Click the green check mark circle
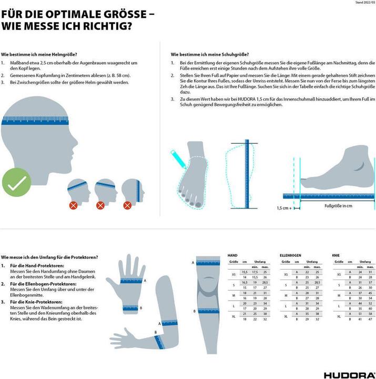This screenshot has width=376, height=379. (x=17, y=184)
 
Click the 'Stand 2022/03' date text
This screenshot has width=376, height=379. (x=363, y=3)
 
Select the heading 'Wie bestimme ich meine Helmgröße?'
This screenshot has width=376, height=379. (x=39, y=55)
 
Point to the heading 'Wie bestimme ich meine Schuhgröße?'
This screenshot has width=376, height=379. (x=210, y=55)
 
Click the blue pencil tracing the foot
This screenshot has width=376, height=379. (x=177, y=157)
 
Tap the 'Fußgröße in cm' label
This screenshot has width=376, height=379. (x=338, y=206)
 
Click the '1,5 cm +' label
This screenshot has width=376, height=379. (x=284, y=208)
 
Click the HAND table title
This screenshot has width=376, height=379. (x=232, y=255)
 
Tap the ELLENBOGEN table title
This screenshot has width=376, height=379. (x=290, y=255)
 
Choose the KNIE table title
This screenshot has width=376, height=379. (x=336, y=255)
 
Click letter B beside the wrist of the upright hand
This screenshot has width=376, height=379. (x=141, y=308)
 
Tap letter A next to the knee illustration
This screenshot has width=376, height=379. (x=193, y=262)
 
